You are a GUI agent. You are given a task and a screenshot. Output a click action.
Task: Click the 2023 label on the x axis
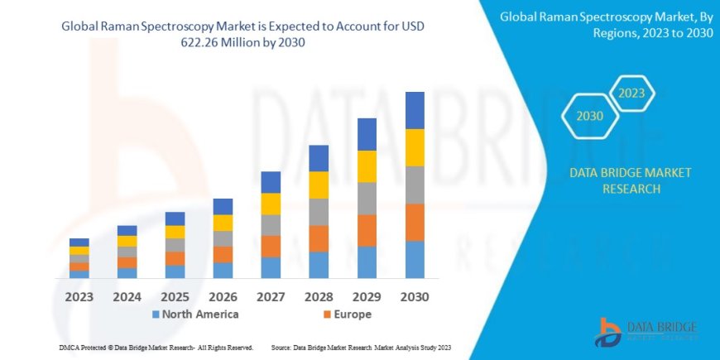79,296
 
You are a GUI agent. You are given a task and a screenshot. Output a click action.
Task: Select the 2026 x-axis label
223,296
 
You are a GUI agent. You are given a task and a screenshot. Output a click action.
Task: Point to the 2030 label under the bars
415,296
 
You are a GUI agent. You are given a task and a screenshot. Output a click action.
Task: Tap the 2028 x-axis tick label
319,296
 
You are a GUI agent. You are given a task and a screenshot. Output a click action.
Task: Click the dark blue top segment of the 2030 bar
415,110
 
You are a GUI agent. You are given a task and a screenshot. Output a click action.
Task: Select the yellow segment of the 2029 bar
367,166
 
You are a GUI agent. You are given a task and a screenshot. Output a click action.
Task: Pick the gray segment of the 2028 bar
319,212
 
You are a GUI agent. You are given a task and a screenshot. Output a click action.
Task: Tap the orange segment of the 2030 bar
415,223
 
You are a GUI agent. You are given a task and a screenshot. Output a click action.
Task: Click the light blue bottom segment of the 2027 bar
271,267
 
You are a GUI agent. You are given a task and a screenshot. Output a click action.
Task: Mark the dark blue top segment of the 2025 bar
175,218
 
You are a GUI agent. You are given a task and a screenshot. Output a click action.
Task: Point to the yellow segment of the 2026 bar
223,223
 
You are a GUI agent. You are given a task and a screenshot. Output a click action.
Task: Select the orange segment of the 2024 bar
127,262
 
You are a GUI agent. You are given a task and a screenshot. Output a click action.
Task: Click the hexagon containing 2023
631,93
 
